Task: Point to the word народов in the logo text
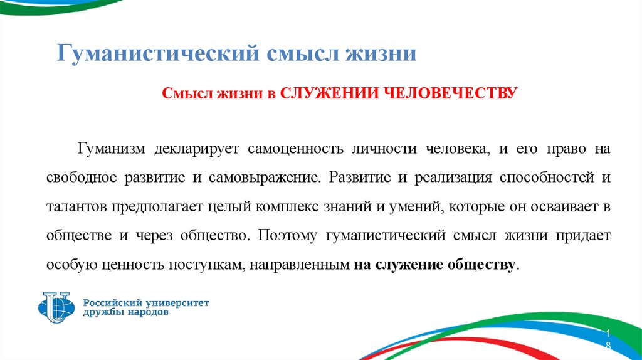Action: (146, 313)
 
